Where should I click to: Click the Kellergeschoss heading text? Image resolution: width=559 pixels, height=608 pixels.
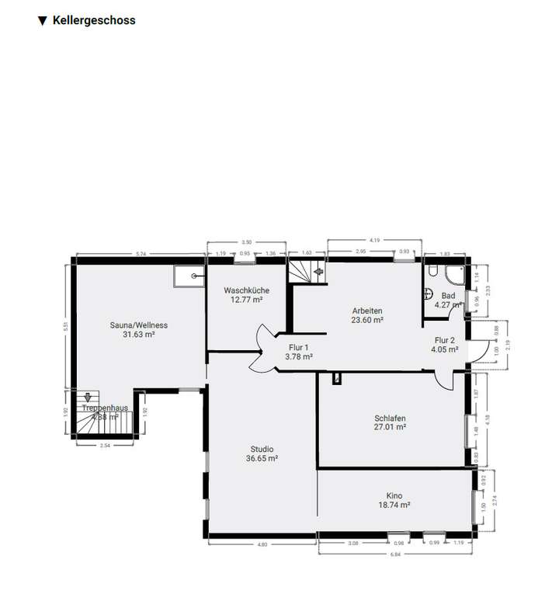(x=94, y=21)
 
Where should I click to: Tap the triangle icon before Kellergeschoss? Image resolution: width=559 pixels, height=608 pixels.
(x=43, y=21)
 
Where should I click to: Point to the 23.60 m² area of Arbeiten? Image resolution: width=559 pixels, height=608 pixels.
(x=367, y=320)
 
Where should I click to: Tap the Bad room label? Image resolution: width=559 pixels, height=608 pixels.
(x=448, y=296)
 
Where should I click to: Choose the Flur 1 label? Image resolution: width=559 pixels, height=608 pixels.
(x=299, y=347)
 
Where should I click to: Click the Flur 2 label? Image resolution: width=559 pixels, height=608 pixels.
(x=446, y=340)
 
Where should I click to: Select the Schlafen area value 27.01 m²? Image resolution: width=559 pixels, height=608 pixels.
(x=390, y=427)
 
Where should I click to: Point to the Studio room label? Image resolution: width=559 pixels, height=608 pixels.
(x=262, y=449)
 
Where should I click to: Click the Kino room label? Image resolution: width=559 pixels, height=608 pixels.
(x=394, y=495)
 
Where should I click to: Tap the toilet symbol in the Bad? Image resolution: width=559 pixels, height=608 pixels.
(x=429, y=294)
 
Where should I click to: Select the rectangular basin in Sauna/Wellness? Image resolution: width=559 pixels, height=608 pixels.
(x=189, y=276)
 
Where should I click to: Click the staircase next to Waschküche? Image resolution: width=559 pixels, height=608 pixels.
(x=308, y=272)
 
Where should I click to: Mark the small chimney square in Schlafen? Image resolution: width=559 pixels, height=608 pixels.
(x=335, y=378)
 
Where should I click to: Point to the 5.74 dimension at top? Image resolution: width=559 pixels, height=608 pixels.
(x=141, y=254)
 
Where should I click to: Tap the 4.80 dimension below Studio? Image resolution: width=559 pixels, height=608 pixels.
(x=262, y=544)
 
